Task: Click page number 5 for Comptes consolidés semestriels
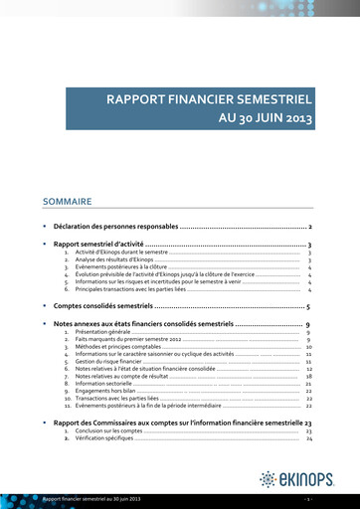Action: pyautogui.click(x=309, y=307)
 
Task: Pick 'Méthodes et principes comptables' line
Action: pyautogui.click(x=123, y=347)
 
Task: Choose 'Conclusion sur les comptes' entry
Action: pyautogui.click(x=114, y=431)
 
